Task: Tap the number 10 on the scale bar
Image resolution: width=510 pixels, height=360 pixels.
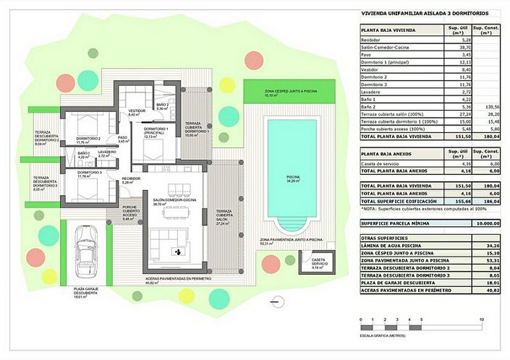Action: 481,319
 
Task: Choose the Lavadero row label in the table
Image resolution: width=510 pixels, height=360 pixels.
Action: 373,93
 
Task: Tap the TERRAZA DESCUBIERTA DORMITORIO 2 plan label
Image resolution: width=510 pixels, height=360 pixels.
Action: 46,137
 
